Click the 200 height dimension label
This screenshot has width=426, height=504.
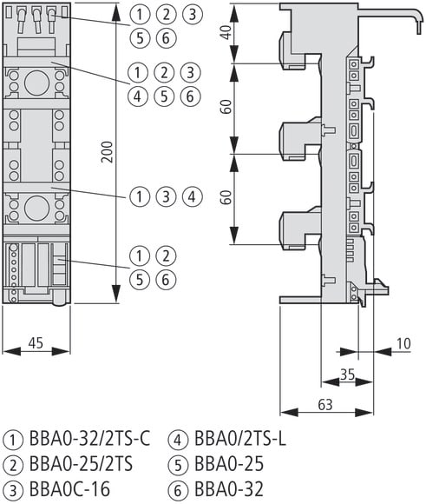108,152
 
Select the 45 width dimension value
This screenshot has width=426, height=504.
36,343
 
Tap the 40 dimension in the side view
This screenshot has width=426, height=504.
226,32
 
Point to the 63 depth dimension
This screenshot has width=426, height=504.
325,405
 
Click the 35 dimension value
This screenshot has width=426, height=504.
347,375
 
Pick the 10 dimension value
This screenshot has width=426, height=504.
403,343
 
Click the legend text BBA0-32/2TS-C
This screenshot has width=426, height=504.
89,439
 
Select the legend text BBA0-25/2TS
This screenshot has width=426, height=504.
81,464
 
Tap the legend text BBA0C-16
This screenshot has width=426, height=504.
69,489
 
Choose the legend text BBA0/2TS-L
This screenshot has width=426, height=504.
240,439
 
